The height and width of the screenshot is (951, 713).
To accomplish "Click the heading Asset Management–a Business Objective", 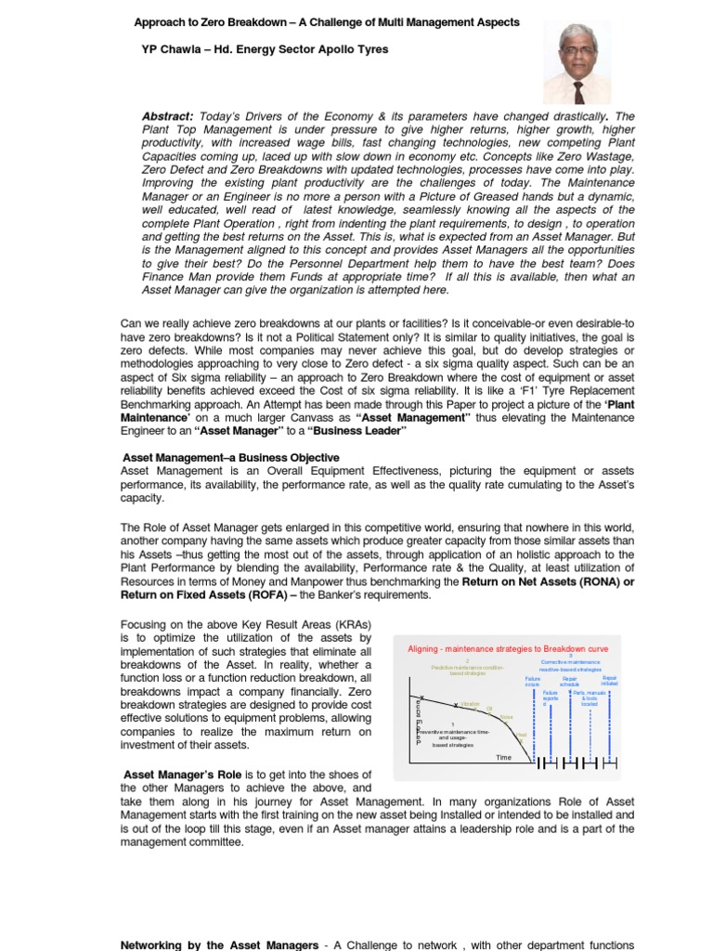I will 231,458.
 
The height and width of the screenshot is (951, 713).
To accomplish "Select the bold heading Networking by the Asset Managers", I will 220,944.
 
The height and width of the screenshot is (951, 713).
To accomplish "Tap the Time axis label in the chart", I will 503,758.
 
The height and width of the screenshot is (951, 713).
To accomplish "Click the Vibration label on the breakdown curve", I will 470,705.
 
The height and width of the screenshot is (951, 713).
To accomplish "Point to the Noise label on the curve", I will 506,717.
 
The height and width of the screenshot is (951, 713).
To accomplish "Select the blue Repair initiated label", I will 610,681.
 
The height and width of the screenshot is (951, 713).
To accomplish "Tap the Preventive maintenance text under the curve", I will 452,732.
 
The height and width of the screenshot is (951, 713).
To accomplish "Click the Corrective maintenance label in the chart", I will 570,662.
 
